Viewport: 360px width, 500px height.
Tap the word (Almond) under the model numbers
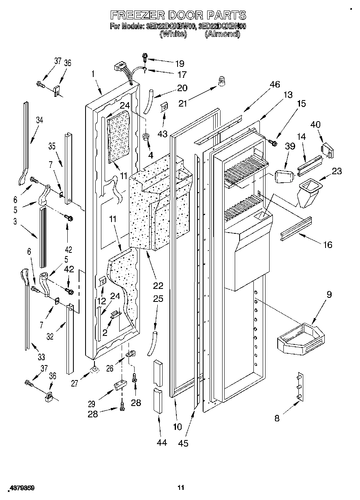[222, 34]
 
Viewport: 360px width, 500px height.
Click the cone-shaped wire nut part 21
[221, 82]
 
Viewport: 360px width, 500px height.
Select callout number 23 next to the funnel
[336, 171]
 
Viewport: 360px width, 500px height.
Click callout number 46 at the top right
[274, 84]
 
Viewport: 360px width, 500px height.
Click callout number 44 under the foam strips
[161, 443]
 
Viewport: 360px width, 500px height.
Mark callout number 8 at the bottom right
[277, 419]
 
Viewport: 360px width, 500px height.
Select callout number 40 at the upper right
[315, 124]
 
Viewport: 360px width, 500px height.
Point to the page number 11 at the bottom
[180, 487]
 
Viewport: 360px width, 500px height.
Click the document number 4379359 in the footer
[20, 489]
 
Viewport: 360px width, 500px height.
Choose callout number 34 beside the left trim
[39, 120]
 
